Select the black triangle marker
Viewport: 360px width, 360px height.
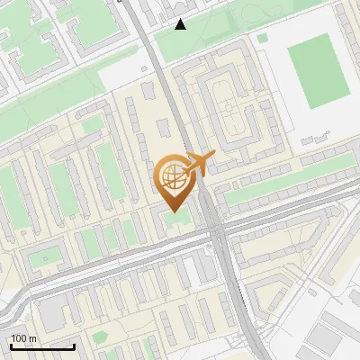point(181,23)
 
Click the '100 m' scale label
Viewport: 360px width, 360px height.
point(24,338)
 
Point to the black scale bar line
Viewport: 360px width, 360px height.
point(42,346)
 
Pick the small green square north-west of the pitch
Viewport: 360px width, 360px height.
point(262,39)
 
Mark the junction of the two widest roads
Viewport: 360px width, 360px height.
point(217,232)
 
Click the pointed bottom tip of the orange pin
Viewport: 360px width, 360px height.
point(174,211)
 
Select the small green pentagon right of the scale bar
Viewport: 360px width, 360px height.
point(98,337)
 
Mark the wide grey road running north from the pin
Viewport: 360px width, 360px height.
point(160,81)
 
